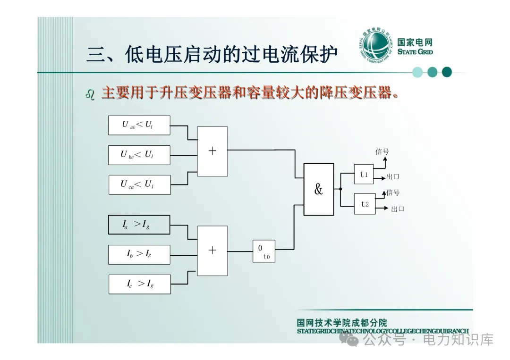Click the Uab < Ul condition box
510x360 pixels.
tap(139, 125)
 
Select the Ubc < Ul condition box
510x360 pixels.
tap(139, 155)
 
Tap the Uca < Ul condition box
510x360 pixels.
tap(139, 184)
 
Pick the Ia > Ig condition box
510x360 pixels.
tap(139, 225)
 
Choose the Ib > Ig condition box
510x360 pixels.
tap(139, 254)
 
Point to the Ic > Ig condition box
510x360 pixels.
tap(139, 284)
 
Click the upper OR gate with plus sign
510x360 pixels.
tap(212, 151)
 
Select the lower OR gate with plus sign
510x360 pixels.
tap(212, 251)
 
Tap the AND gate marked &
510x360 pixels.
tap(318, 189)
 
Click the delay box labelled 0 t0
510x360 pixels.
tap(263, 251)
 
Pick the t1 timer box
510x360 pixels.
tap(364, 174)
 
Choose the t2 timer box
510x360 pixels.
tap(365, 204)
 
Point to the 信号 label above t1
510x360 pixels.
tap(382, 151)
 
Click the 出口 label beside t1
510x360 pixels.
tap(393, 177)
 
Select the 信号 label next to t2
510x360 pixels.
tap(393, 193)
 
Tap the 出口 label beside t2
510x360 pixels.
tap(397, 209)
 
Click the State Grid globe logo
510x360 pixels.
tap(375, 46)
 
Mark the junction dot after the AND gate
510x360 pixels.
tap(340, 189)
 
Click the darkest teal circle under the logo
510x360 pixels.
tap(447, 72)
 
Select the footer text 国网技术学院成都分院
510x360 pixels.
tap(341, 323)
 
